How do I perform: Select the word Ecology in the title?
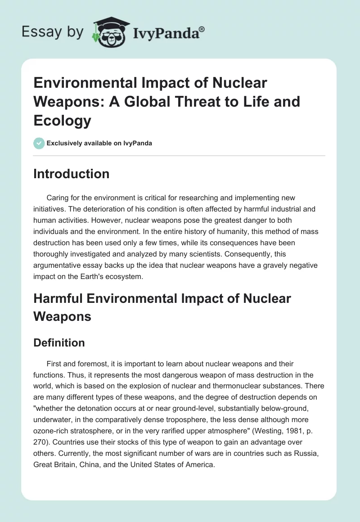tap(63, 121)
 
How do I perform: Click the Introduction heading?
tap(71, 174)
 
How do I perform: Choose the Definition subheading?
tap(59, 342)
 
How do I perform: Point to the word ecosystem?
tap(123, 277)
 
